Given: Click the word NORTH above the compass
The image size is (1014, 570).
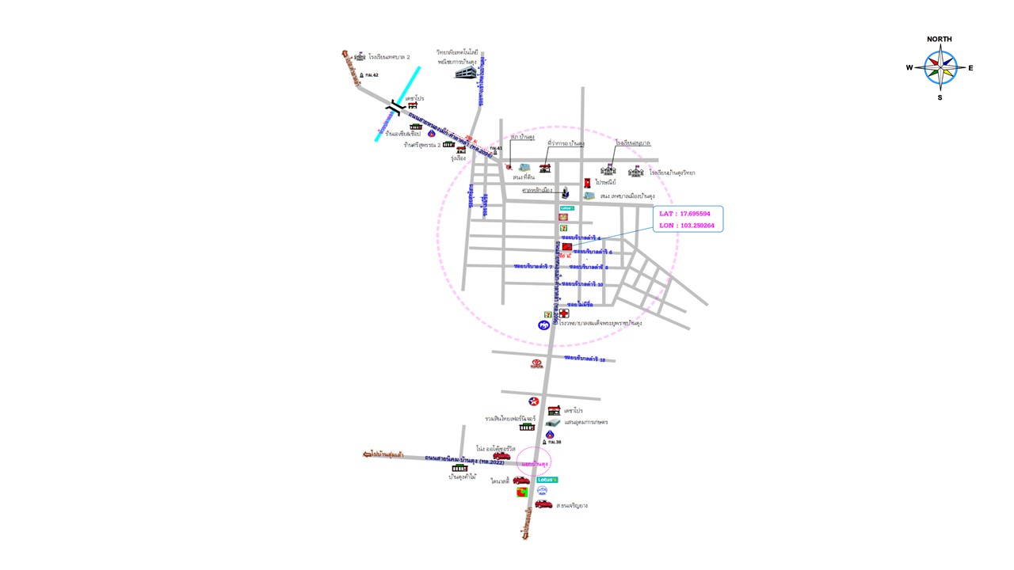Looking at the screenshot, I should coord(940,39).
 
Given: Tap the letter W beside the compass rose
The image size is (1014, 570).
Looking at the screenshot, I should coord(909,68).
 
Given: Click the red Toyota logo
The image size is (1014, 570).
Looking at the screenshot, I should coord(537,364).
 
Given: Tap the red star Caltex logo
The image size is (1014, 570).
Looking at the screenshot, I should coord(534,401).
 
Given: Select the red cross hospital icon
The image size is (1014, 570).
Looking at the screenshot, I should coord(563,313).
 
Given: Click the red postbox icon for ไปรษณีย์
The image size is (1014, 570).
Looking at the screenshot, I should coord(587,183).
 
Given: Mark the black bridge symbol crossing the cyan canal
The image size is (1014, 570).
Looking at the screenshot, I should coord(395,107).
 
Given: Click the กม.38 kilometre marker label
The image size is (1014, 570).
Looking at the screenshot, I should coord(555,442).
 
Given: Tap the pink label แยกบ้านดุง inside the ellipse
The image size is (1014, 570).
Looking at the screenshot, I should coord(535,462).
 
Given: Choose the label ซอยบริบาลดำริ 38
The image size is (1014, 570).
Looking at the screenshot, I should coord(585,359).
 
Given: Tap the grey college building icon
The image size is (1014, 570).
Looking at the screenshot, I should coord(467,72).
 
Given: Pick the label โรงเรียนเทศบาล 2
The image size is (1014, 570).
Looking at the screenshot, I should coord(389,57).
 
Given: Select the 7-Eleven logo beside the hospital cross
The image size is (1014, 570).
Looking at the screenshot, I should coord(547,314).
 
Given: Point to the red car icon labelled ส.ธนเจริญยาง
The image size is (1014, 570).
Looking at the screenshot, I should coord(543,503).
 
